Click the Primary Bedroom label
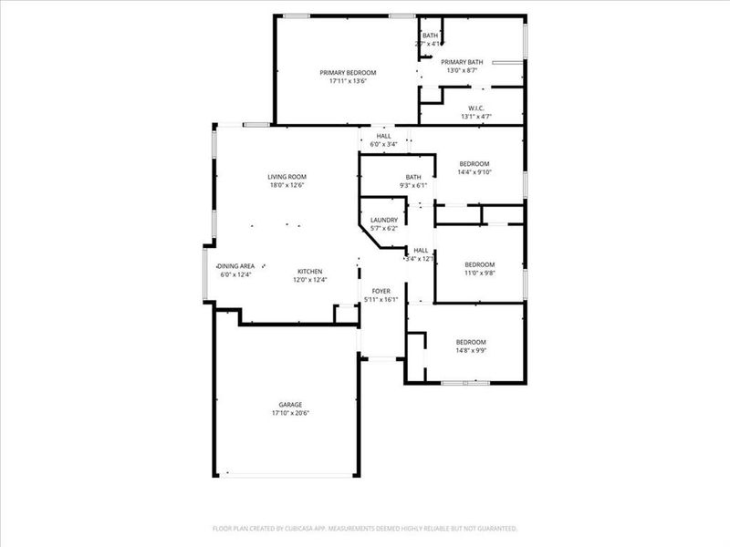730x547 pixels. pyautogui.click(x=347, y=73)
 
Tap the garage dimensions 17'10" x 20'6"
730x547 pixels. pyautogui.click(x=290, y=413)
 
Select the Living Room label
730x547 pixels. pyautogui.click(x=287, y=177)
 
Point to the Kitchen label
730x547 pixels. pyautogui.click(x=309, y=272)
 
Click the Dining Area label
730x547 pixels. pyautogui.click(x=235, y=265)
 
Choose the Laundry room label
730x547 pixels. pyautogui.click(x=383, y=220)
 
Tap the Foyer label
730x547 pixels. pyautogui.click(x=381, y=291)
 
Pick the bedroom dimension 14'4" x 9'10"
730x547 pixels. pyautogui.click(x=474, y=172)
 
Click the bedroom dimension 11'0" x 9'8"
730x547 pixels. pyautogui.click(x=479, y=273)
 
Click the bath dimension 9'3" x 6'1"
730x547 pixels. pyautogui.click(x=413, y=185)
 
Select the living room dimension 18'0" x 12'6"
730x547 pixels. pyautogui.click(x=287, y=185)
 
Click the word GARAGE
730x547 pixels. pyautogui.click(x=290, y=405)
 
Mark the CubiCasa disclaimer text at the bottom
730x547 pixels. pyautogui.click(x=365, y=528)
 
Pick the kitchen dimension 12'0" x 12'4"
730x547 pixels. pyautogui.click(x=309, y=280)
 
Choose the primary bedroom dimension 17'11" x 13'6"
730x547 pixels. pyautogui.click(x=347, y=81)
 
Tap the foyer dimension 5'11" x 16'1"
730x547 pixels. pyautogui.click(x=381, y=299)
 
